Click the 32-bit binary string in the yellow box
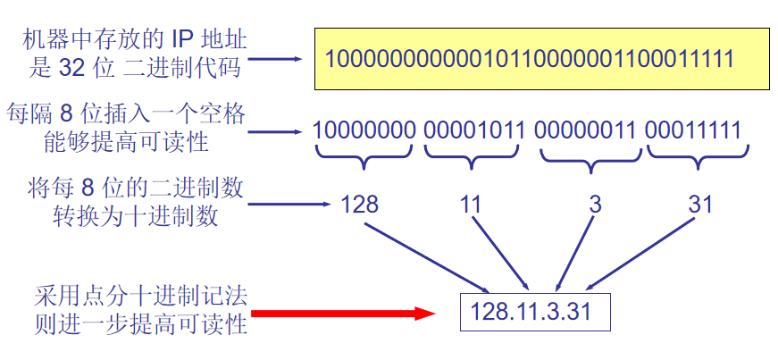[x=529, y=60]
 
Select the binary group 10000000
[x=364, y=130]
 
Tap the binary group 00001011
[x=473, y=130]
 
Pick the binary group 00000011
[x=586, y=130]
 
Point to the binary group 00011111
[x=693, y=130]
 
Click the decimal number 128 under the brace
[x=359, y=205]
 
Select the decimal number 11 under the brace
[x=471, y=205]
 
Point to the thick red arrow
[x=343, y=314]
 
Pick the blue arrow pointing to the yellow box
[x=278, y=61]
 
